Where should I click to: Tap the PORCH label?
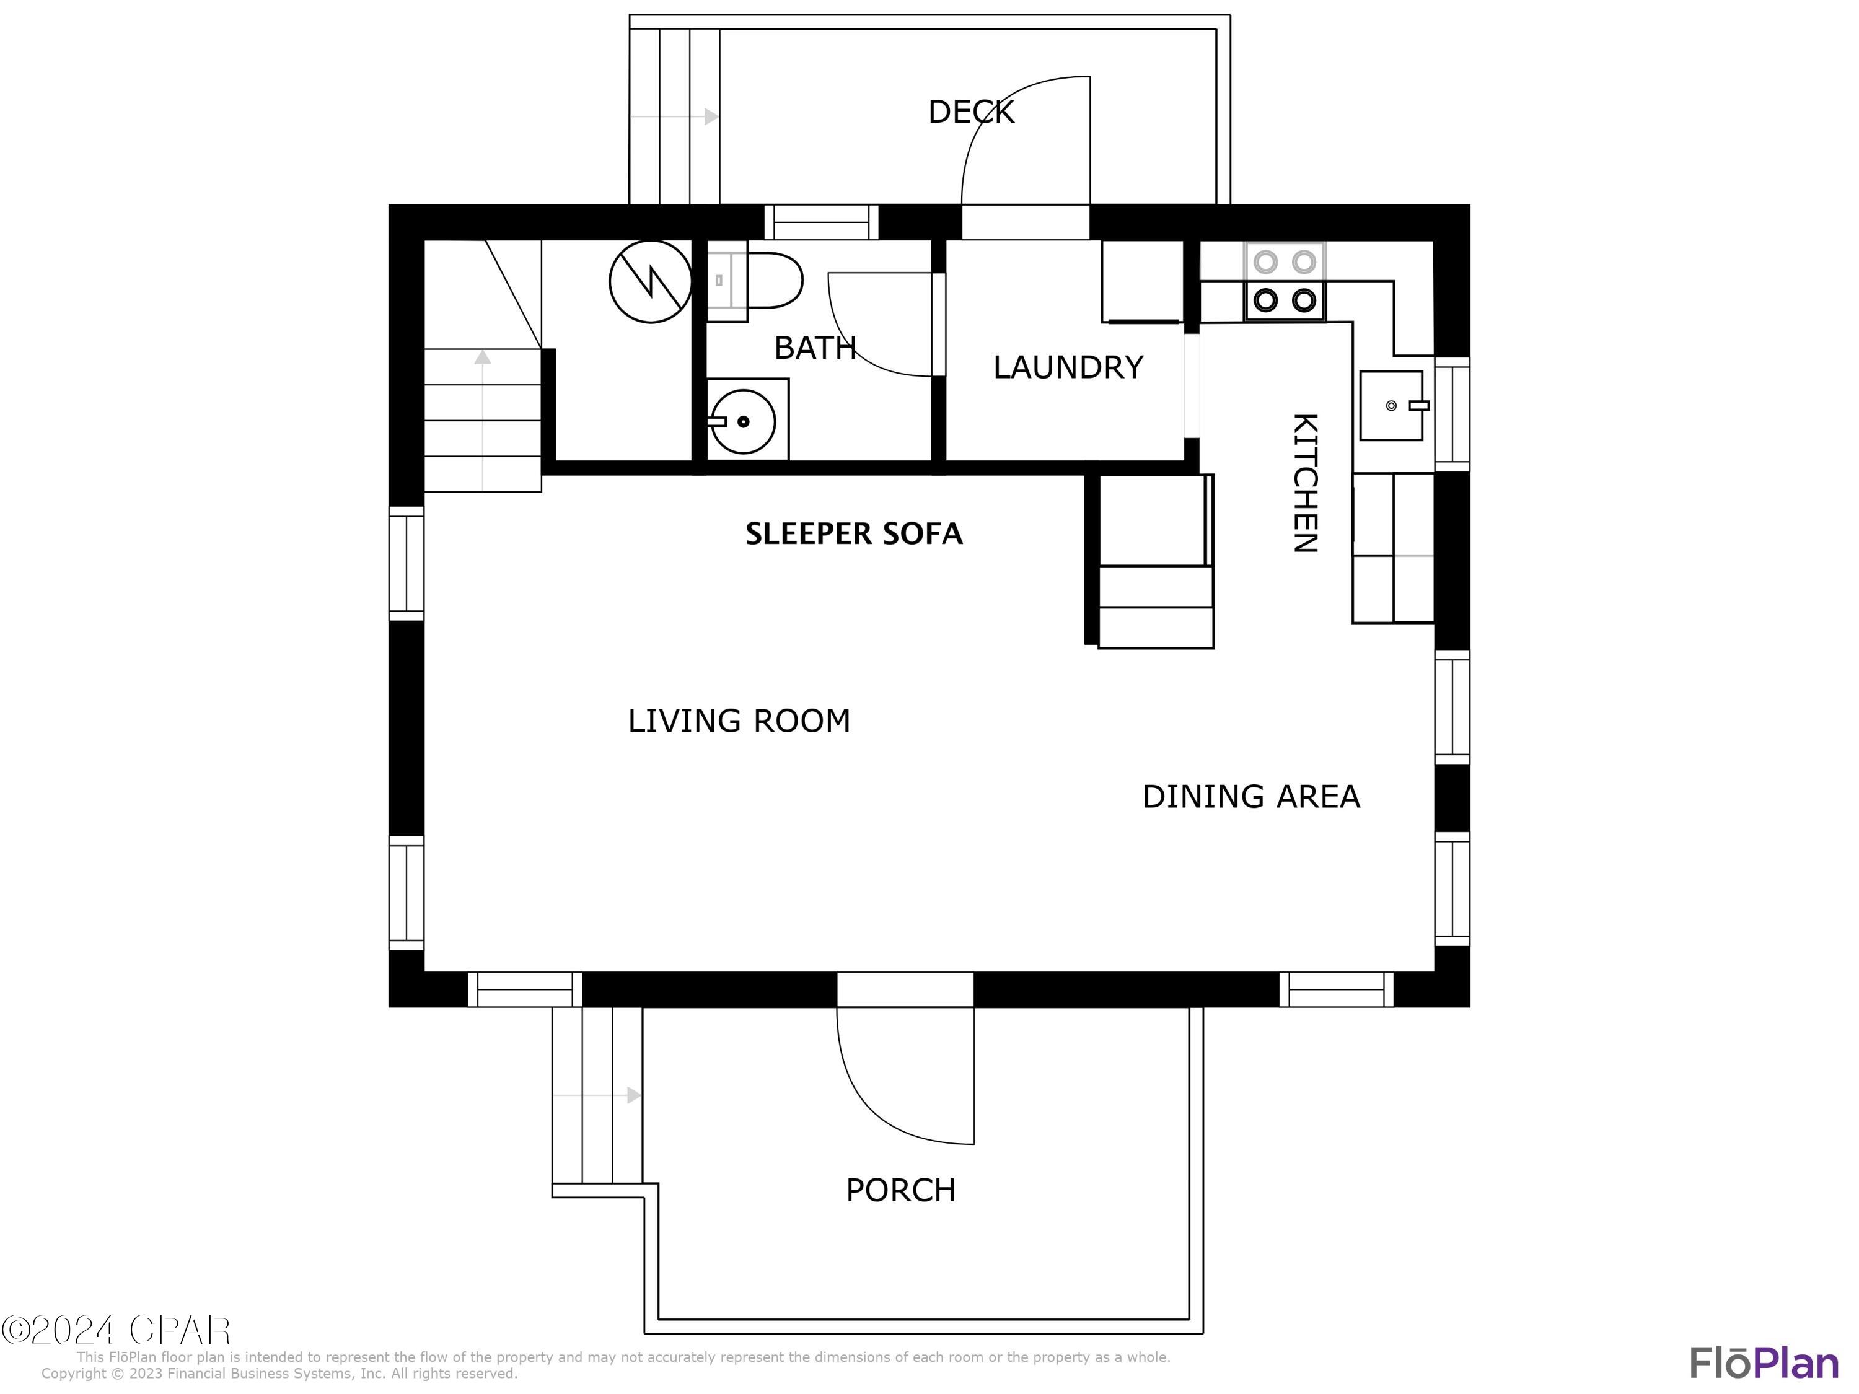coord(900,1191)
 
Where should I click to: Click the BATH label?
coord(814,348)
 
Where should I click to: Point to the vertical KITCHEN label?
coord(1304,483)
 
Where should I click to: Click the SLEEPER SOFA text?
coord(853,533)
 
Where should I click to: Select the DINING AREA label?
coord(1250,797)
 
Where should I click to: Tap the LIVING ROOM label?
coord(739,721)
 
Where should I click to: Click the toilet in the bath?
coord(765,280)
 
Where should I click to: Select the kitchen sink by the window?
coord(1392,406)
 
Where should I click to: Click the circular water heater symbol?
coord(651,281)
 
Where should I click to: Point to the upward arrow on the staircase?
coord(482,359)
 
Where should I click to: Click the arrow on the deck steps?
coord(710,117)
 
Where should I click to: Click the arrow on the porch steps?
coord(633,1096)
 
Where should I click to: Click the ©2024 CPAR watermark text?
coord(116,1330)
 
